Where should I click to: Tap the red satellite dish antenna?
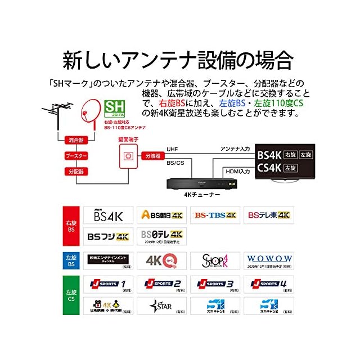[x=88, y=109]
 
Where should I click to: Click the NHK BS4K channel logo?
[x=108, y=215]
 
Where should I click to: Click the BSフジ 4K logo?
[x=108, y=236]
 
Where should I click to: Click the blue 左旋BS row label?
[x=71, y=260]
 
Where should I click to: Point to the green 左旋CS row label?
[x=71, y=294]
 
